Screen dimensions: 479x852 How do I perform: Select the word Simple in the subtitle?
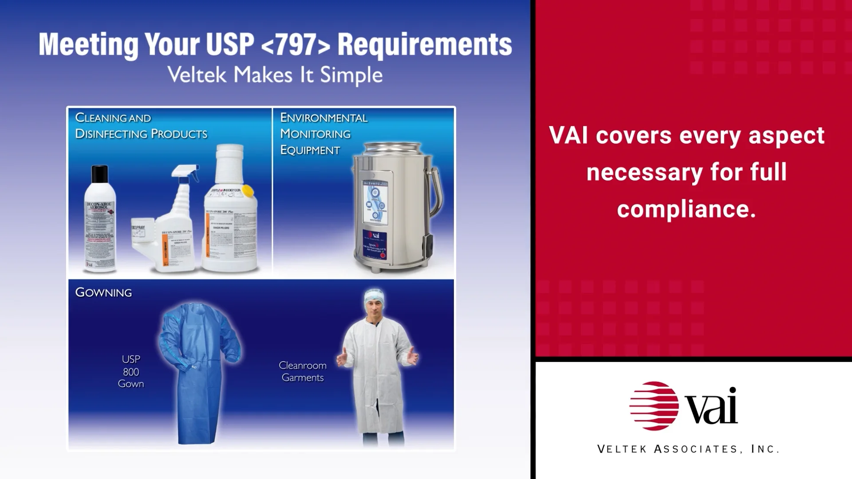point(351,75)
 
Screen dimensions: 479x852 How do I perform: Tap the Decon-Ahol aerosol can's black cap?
point(100,174)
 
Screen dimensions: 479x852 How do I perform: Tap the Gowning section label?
point(103,292)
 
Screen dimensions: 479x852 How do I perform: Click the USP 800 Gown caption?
point(131,372)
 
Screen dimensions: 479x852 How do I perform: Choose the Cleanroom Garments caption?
point(303,372)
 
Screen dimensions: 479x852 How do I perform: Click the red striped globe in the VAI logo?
point(654,406)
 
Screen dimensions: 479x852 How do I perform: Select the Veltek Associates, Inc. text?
point(688,449)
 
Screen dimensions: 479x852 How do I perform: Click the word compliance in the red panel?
point(686,209)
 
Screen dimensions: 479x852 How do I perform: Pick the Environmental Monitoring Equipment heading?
point(323,133)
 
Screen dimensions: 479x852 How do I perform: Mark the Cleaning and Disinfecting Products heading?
point(141,126)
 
